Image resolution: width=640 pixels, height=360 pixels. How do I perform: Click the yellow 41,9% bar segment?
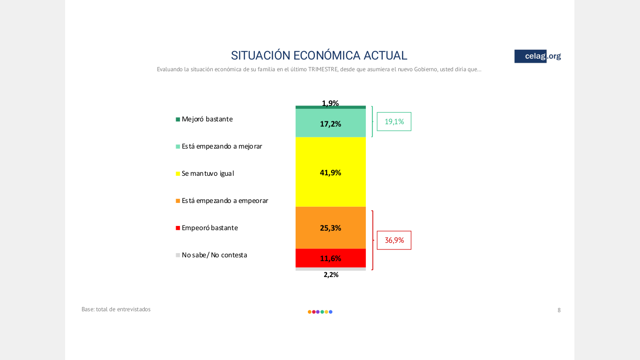(x=331, y=172)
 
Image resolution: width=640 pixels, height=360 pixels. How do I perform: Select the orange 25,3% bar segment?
(x=331, y=228)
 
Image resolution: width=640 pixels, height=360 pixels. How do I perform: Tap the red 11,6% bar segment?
(x=331, y=258)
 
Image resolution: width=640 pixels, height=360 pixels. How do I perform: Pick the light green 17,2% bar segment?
(x=331, y=123)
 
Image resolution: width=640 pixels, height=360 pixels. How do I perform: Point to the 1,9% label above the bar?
(x=330, y=103)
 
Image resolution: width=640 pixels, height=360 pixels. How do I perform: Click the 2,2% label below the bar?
(x=331, y=275)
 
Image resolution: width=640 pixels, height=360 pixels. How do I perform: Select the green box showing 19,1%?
(x=394, y=121)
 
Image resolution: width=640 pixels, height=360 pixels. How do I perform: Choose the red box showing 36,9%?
(x=394, y=240)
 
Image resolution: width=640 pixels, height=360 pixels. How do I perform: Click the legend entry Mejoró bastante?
(x=204, y=119)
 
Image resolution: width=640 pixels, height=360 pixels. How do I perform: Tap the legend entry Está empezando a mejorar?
(x=219, y=146)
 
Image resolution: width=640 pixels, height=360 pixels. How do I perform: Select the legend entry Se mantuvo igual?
(x=205, y=173)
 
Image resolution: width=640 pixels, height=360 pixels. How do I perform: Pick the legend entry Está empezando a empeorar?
(x=222, y=201)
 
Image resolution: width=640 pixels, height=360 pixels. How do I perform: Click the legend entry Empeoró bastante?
(x=207, y=228)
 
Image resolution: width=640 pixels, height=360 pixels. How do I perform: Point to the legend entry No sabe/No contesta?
(x=211, y=255)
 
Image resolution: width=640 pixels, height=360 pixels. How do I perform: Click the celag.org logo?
(x=538, y=56)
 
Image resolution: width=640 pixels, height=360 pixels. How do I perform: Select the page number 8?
(x=559, y=310)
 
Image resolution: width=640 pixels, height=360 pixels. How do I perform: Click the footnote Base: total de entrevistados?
(x=116, y=309)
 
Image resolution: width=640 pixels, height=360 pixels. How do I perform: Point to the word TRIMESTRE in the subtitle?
(x=323, y=69)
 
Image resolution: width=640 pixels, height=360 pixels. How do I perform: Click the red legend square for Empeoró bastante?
(x=178, y=228)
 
